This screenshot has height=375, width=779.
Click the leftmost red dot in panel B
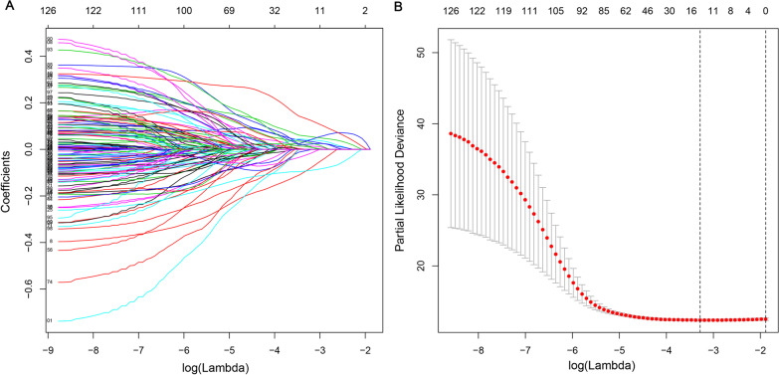pos(451,133)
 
